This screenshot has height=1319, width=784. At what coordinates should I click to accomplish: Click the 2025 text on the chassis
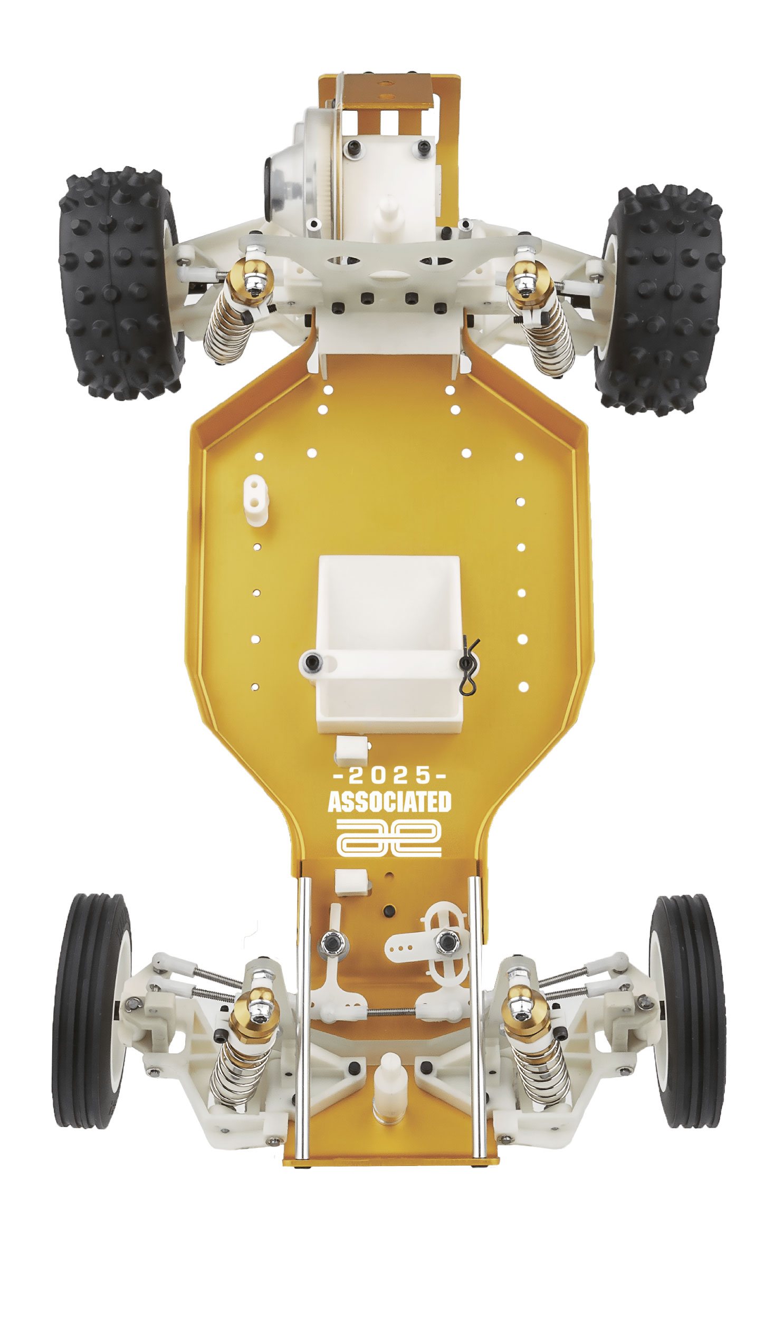point(390,776)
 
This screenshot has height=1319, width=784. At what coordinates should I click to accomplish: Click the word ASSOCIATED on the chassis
point(389,802)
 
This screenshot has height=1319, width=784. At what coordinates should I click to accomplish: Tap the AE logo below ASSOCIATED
point(389,838)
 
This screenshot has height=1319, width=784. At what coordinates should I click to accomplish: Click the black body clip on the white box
point(468,667)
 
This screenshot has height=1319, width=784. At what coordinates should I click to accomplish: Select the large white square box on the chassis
point(389,613)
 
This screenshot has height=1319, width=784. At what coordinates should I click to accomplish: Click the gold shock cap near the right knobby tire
point(525,274)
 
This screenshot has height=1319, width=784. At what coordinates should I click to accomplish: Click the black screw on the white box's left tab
point(313,661)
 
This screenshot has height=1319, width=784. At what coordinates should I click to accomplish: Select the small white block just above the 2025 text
point(352,749)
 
